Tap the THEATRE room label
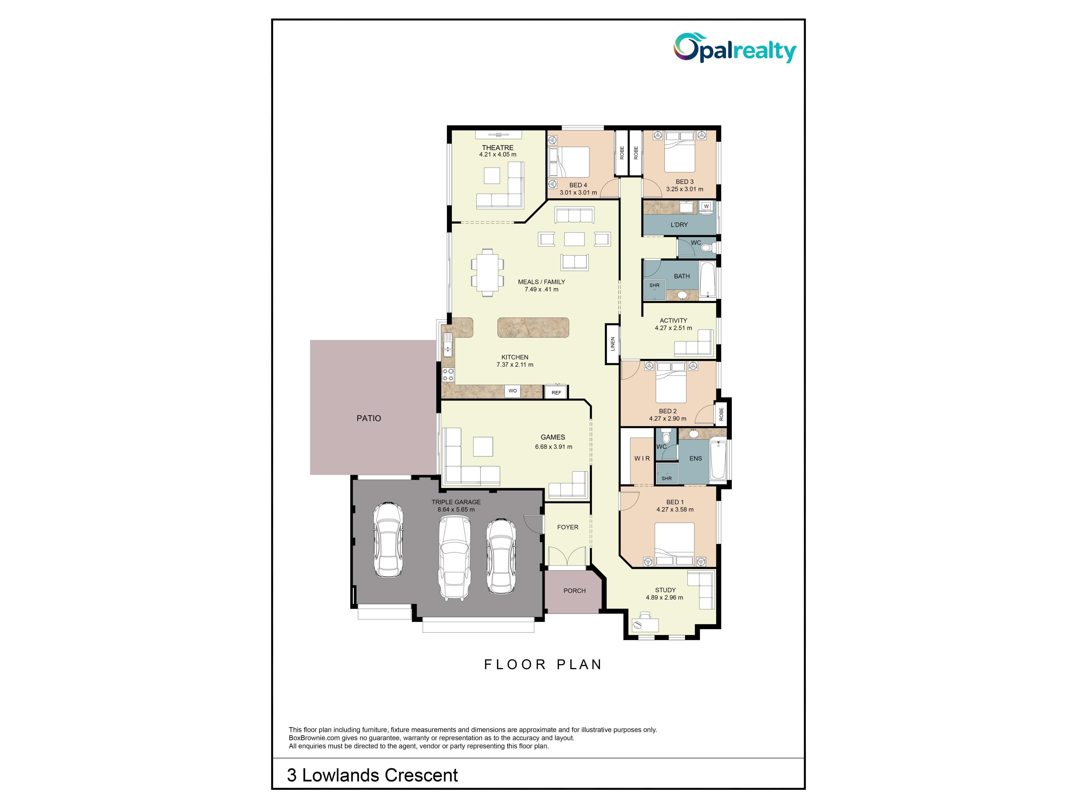pos(498,148)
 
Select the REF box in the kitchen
pos(556,392)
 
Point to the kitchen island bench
pos(533,327)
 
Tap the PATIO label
pos(369,418)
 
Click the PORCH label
pos(574,591)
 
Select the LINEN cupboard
pos(613,344)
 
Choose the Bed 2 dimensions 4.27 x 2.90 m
pos(668,418)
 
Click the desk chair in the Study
pos(637,625)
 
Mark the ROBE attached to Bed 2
pos(721,414)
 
